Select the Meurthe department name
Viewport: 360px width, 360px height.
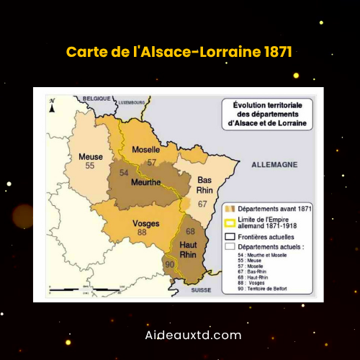pos(145,182)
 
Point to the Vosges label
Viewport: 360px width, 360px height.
pos(146,223)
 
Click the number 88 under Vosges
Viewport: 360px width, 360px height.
pos(142,233)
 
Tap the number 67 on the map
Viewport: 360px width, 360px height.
pos(203,204)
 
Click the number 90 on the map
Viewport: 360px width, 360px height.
pos(170,266)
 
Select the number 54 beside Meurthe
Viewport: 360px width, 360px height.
pos(124,173)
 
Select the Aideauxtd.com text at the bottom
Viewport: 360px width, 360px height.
pos(180,335)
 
